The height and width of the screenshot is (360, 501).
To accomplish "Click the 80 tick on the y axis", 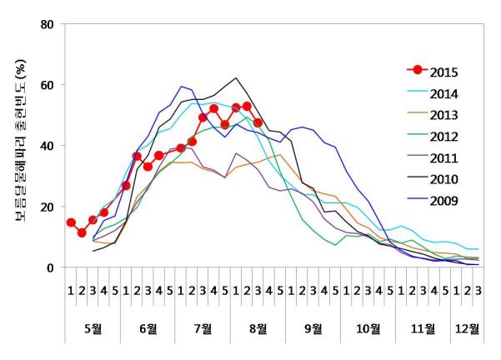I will [48, 24].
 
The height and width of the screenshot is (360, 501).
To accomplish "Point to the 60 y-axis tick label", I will [48, 85].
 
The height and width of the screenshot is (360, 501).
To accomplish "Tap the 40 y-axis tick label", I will [48, 146].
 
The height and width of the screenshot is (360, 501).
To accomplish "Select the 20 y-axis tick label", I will [48, 207].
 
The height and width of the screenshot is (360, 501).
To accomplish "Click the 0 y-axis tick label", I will [52, 267].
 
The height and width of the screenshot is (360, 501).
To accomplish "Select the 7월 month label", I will [203, 328].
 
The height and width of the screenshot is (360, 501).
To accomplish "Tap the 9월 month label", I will [313, 328].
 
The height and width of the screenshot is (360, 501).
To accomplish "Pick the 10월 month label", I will [368, 328].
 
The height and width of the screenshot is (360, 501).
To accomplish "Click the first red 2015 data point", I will [71, 222].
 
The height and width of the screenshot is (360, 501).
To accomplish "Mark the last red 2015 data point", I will [258, 122].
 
